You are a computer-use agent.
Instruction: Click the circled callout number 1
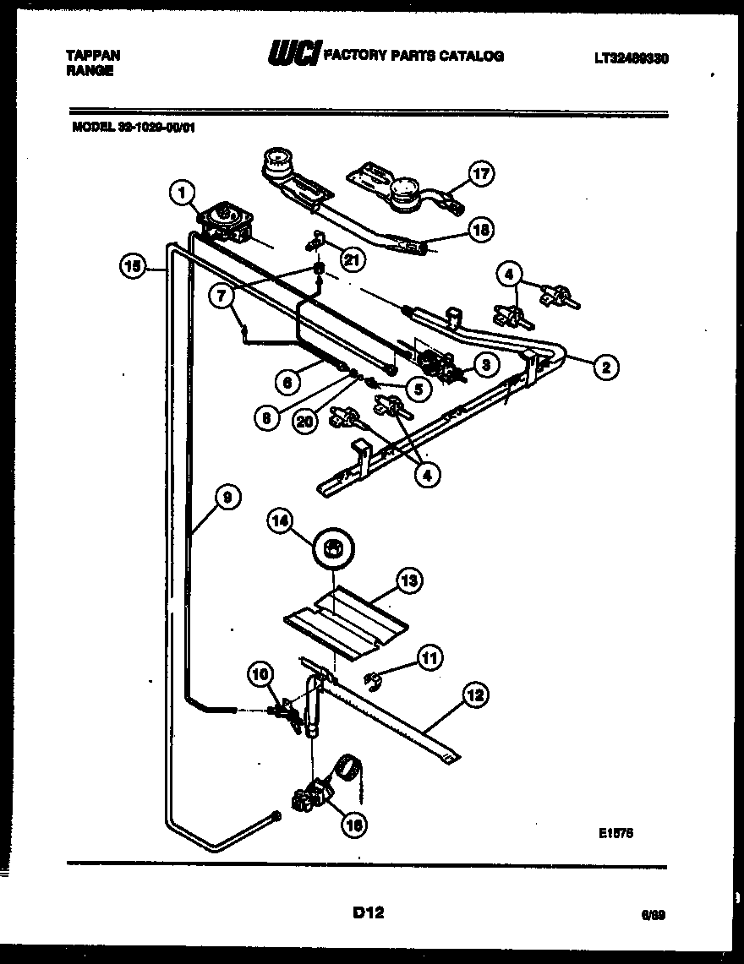click(x=179, y=193)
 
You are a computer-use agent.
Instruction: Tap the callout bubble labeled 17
click(x=480, y=175)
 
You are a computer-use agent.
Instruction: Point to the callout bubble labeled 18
click(x=479, y=229)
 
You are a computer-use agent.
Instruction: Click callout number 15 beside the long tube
click(x=131, y=267)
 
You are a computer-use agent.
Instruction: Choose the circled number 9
click(x=227, y=498)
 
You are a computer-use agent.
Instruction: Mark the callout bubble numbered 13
click(x=409, y=580)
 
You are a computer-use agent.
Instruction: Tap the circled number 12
click(x=475, y=695)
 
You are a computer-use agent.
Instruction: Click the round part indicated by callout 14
click(x=334, y=550)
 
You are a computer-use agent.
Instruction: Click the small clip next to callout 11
click(x=370, y=675)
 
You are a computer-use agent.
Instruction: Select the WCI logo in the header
click(x=293, y=55)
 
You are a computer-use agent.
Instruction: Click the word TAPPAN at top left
click(x=92, y=55)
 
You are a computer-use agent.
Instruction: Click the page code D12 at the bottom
click(x=367, y=912)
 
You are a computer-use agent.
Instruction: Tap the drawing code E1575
click(x=615, y=831)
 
